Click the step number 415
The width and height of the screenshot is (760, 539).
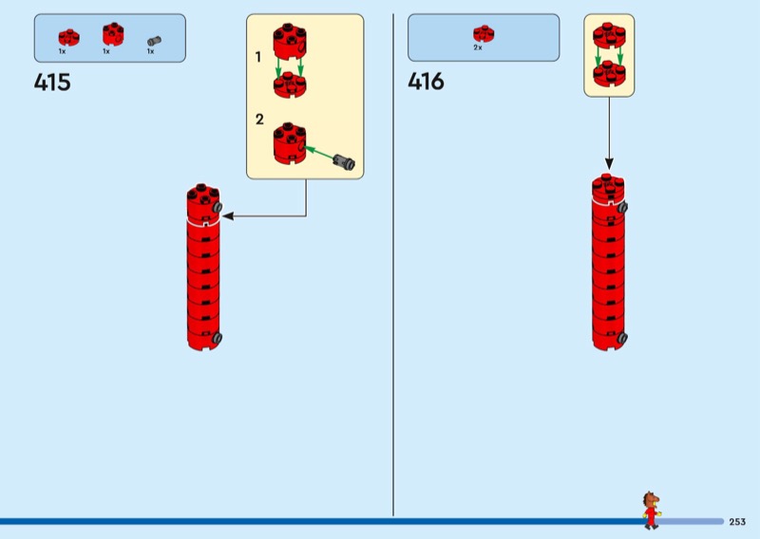pyautogui.click(x=52, y=83)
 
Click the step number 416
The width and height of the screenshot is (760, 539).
pyautogui.click(x=426, y=83)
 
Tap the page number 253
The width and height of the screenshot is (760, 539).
pyautogui.click(x=737, y=522)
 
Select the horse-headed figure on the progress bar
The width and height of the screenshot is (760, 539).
pyautogui.click(x=651, y=510)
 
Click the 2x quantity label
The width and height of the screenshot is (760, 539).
pyautogui.click(x=478, y=47)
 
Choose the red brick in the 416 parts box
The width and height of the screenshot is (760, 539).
pyautogui.click(x=484, y=33)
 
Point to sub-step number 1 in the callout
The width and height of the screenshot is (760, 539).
pyautogui.click(x=258, y=57)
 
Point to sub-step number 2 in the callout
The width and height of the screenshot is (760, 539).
pyautogui.click(x=258, y=120)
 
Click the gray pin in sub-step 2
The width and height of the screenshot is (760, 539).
pyautogui.click(x=343, y=163)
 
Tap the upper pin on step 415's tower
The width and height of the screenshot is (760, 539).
pyautogui.click(x=218, y=207)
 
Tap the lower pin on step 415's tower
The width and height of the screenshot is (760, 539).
pyautogui.click(x=218, y=337)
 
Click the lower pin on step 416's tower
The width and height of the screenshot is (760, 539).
pyautogui.click(x=622, y=337)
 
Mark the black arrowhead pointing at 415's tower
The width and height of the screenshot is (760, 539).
pyautogui.click(x=229, y=216)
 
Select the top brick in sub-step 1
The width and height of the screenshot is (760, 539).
pyautogui.click(x=289, y=40)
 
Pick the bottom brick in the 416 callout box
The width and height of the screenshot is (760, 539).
pyautogui.click(x=608, y=73)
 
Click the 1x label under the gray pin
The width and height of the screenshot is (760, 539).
pyautogui.click(x=150, y=51)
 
